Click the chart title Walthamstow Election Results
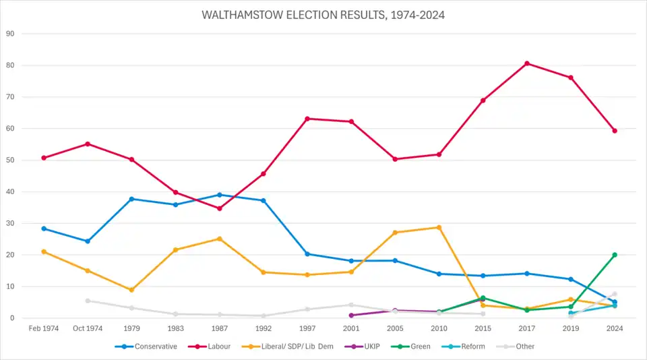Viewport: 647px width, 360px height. pyautogui.click(x=323, y=14)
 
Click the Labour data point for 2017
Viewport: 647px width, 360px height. pyautogui.click(x=527, y=63)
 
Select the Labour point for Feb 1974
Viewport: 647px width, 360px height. pyautogui.click(x=44, y=158)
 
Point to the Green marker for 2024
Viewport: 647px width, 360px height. pyautogui.click(x=615, y=255)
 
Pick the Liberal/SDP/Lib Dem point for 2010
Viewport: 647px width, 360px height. pyautogui.click(x=439, y=227)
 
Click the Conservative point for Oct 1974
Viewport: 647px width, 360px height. pyautogui.click(x=88, y=241)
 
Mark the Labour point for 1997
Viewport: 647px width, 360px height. pyautogui.click(x=307, y=119)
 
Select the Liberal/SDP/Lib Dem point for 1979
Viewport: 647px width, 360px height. pyautogui.click(x=131, y=290)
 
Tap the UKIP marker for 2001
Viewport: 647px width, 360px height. pyautogui.click(x=351, y=316)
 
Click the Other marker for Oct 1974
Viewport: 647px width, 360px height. pyautogui.click(x=88, y=301)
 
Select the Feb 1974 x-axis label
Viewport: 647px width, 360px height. pyautogui.click(x=44, y=329)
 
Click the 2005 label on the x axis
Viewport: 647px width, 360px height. pyautogui.click(x=395, y=329)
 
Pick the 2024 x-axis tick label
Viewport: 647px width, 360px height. pyautogui.click(x=615, y=329)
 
